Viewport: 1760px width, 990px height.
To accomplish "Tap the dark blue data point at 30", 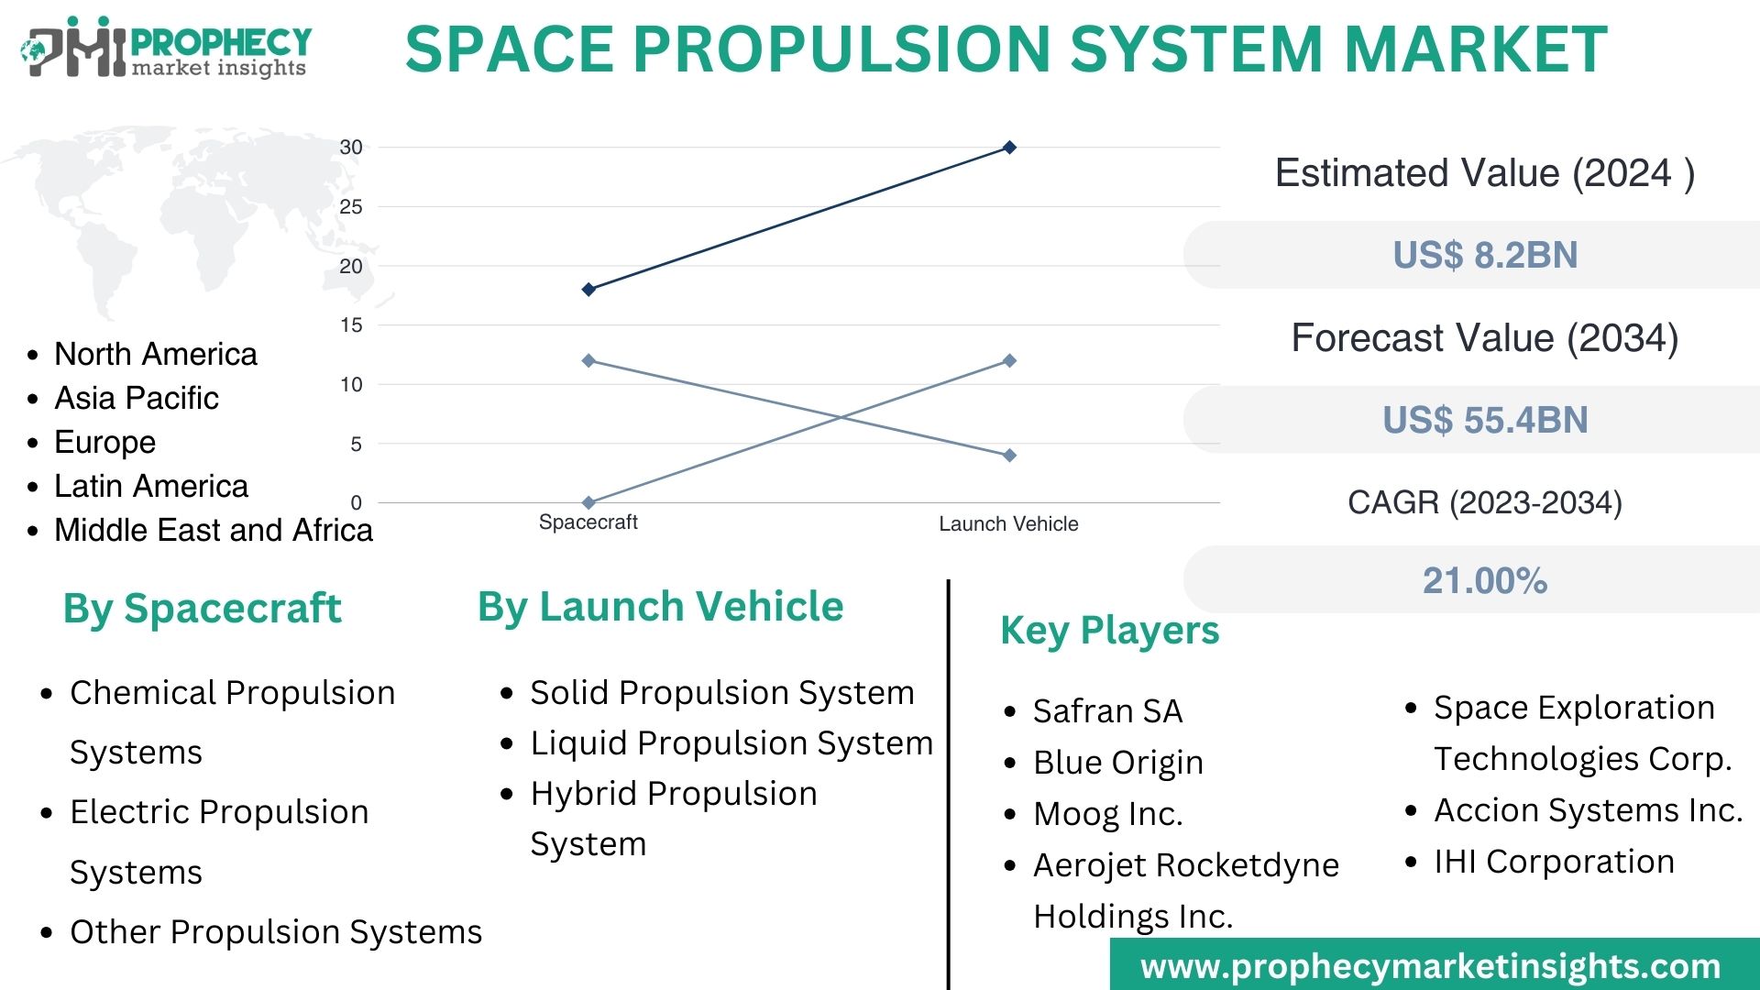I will (x=1009, y=148).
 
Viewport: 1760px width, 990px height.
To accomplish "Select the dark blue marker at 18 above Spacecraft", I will (x=588, y=290).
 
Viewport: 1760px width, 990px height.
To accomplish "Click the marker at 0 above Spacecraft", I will (x=588, y=502).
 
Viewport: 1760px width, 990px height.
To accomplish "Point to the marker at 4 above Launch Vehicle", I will (x=1009, y=456).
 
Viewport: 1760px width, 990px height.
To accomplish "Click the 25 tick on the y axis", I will (x=351, y=207).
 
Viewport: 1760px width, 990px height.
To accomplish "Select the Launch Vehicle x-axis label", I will (x=1008, y=524).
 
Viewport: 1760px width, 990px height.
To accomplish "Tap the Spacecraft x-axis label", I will (x=588, y=522).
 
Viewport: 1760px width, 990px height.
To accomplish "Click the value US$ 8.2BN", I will (x=1485, y=255).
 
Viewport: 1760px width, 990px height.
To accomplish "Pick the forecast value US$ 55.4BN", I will (x=1485, y=420).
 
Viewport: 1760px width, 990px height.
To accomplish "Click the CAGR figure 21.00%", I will (x=1485, y=580).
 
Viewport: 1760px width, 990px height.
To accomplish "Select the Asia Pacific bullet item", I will (x=137, y=398).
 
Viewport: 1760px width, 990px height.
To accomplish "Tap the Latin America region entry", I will (x=151, y=486).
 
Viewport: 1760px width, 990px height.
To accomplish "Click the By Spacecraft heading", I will (x=202, y=608).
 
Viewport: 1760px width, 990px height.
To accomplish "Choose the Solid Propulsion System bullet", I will (x=721, y=692).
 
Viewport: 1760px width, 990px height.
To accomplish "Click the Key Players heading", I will (x=1109, y=631).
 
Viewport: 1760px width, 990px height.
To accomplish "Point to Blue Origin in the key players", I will (x=1117, y=762).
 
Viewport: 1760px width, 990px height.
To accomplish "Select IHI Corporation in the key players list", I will (x=1554, y=862).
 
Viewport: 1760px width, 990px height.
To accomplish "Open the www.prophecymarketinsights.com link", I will (x=1430, y=966).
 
